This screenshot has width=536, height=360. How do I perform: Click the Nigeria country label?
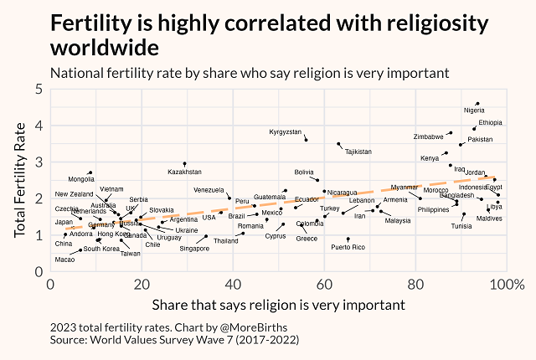pos(474,111)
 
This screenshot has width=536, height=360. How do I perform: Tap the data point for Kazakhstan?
pos(184,163)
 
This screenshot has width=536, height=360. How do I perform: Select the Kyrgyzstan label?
pos(286,132)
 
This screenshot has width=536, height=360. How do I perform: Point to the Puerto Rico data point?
pos(348,239)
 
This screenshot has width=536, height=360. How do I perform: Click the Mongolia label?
pos(81,179)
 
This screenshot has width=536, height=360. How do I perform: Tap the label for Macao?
pos(64,260)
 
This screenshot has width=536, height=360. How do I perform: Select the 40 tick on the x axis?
pos(233,285)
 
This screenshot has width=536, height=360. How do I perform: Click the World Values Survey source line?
pos(174,340)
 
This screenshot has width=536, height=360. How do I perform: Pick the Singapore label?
pos(195,249)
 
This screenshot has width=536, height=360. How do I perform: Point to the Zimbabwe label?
pos(429,136)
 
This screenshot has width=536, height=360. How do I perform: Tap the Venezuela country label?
pos(209,190)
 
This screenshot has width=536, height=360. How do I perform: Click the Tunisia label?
pos(461,226)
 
